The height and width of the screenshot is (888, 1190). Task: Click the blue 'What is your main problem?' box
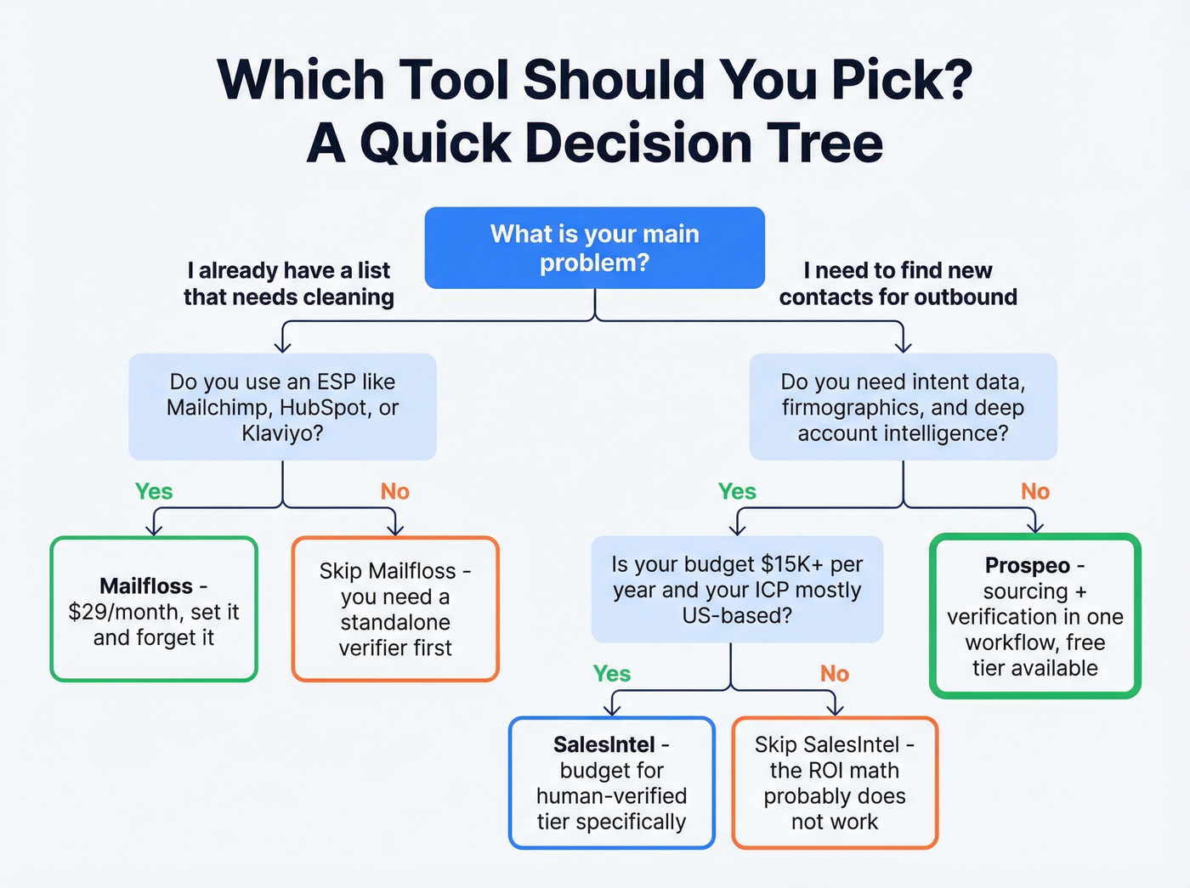[x=594, y=247]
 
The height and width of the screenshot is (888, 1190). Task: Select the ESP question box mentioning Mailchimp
[x=282, y=407]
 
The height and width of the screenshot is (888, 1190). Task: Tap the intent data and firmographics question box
[x=903, y=407]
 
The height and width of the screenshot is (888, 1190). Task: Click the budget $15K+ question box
[x=737, y=590]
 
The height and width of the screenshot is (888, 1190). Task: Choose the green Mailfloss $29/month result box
[x=154, y=609]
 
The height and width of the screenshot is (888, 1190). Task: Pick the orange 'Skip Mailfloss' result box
[x=395, y=609]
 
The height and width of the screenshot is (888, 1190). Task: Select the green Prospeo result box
[x=1035, y=616]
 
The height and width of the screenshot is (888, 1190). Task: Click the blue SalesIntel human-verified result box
[x=612, y=783]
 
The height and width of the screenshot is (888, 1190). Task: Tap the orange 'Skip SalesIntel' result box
[x=835, y=783]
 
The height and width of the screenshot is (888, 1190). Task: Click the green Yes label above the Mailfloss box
[x=154, y=491]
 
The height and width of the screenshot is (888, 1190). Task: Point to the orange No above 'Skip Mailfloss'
[x=395, y=491]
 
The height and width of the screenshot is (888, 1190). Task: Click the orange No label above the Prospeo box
[x=1035, y=491]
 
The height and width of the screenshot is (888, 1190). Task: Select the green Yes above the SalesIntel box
[x=612, y=674]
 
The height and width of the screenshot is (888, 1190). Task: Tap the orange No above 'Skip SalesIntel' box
[x=835, y=674]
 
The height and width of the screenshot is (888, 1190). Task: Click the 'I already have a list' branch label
[x=289, y=284]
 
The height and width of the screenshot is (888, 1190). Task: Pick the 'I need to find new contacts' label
[x=898, y=284]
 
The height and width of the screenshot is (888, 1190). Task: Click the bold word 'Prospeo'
[x=1028, y=565]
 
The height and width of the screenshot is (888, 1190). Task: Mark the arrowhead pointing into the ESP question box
[x=283, y=346]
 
